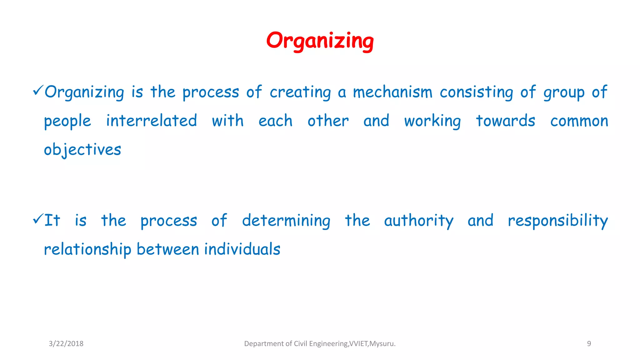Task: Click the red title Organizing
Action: (x=320, y=41)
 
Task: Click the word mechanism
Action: (x=392, y=92)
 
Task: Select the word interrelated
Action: (x=152, y=121)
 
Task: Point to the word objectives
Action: (x=82, y=150)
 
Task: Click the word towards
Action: (x=505, y=121)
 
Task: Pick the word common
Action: (x=579, y=121)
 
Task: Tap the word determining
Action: (x=286, y=221)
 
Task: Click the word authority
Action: (x=418, y=221)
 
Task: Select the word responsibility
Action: (x=558, y=221)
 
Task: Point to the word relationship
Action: (x=87, y=250)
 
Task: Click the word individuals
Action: (x=242, y=249)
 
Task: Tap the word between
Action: (x=168, y=249)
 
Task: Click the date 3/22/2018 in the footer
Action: (x=66, y=344)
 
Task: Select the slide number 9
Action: (x=589, y=344)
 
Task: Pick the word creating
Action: (x=300, y=92)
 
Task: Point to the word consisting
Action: (x=476, y=92)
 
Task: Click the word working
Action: (x=432, y=121)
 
